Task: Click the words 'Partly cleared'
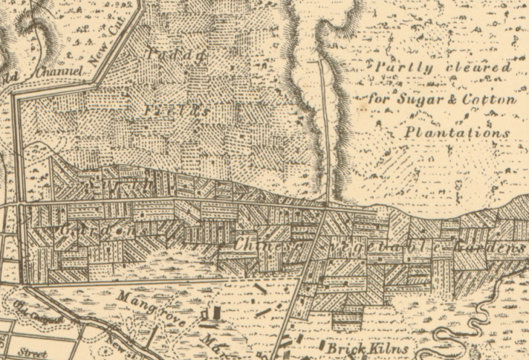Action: (443, 68)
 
